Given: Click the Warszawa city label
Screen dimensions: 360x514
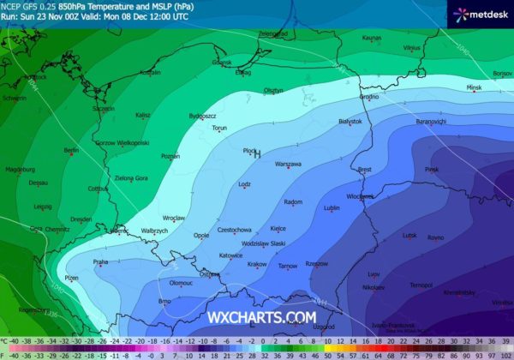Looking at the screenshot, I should click(x=288, y=163).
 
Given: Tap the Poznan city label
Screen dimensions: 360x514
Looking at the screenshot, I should click(x=170, y=156).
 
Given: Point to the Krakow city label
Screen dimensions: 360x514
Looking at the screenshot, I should click(x=257, y=264).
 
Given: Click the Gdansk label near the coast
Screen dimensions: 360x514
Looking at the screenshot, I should click(x=221, y=62).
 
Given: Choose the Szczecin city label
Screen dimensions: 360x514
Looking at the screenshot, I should click(x=104, y=109).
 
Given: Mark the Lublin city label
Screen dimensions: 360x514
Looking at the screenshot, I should click(x=332, y=207).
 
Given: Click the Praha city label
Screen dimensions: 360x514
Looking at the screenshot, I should click(x=100, y=261).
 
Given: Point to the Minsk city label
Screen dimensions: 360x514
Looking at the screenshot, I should click(x=475, y=87).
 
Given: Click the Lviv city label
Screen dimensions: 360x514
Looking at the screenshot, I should click(x=373, y=273).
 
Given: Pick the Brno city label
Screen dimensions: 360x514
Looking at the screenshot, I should click(x=165, y=301).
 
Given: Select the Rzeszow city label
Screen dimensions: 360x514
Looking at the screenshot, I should click(x=316, y=264).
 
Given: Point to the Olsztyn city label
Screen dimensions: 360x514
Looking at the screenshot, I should click(x=273, y=89).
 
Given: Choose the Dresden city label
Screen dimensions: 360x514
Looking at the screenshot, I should click(x=81, y=219).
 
